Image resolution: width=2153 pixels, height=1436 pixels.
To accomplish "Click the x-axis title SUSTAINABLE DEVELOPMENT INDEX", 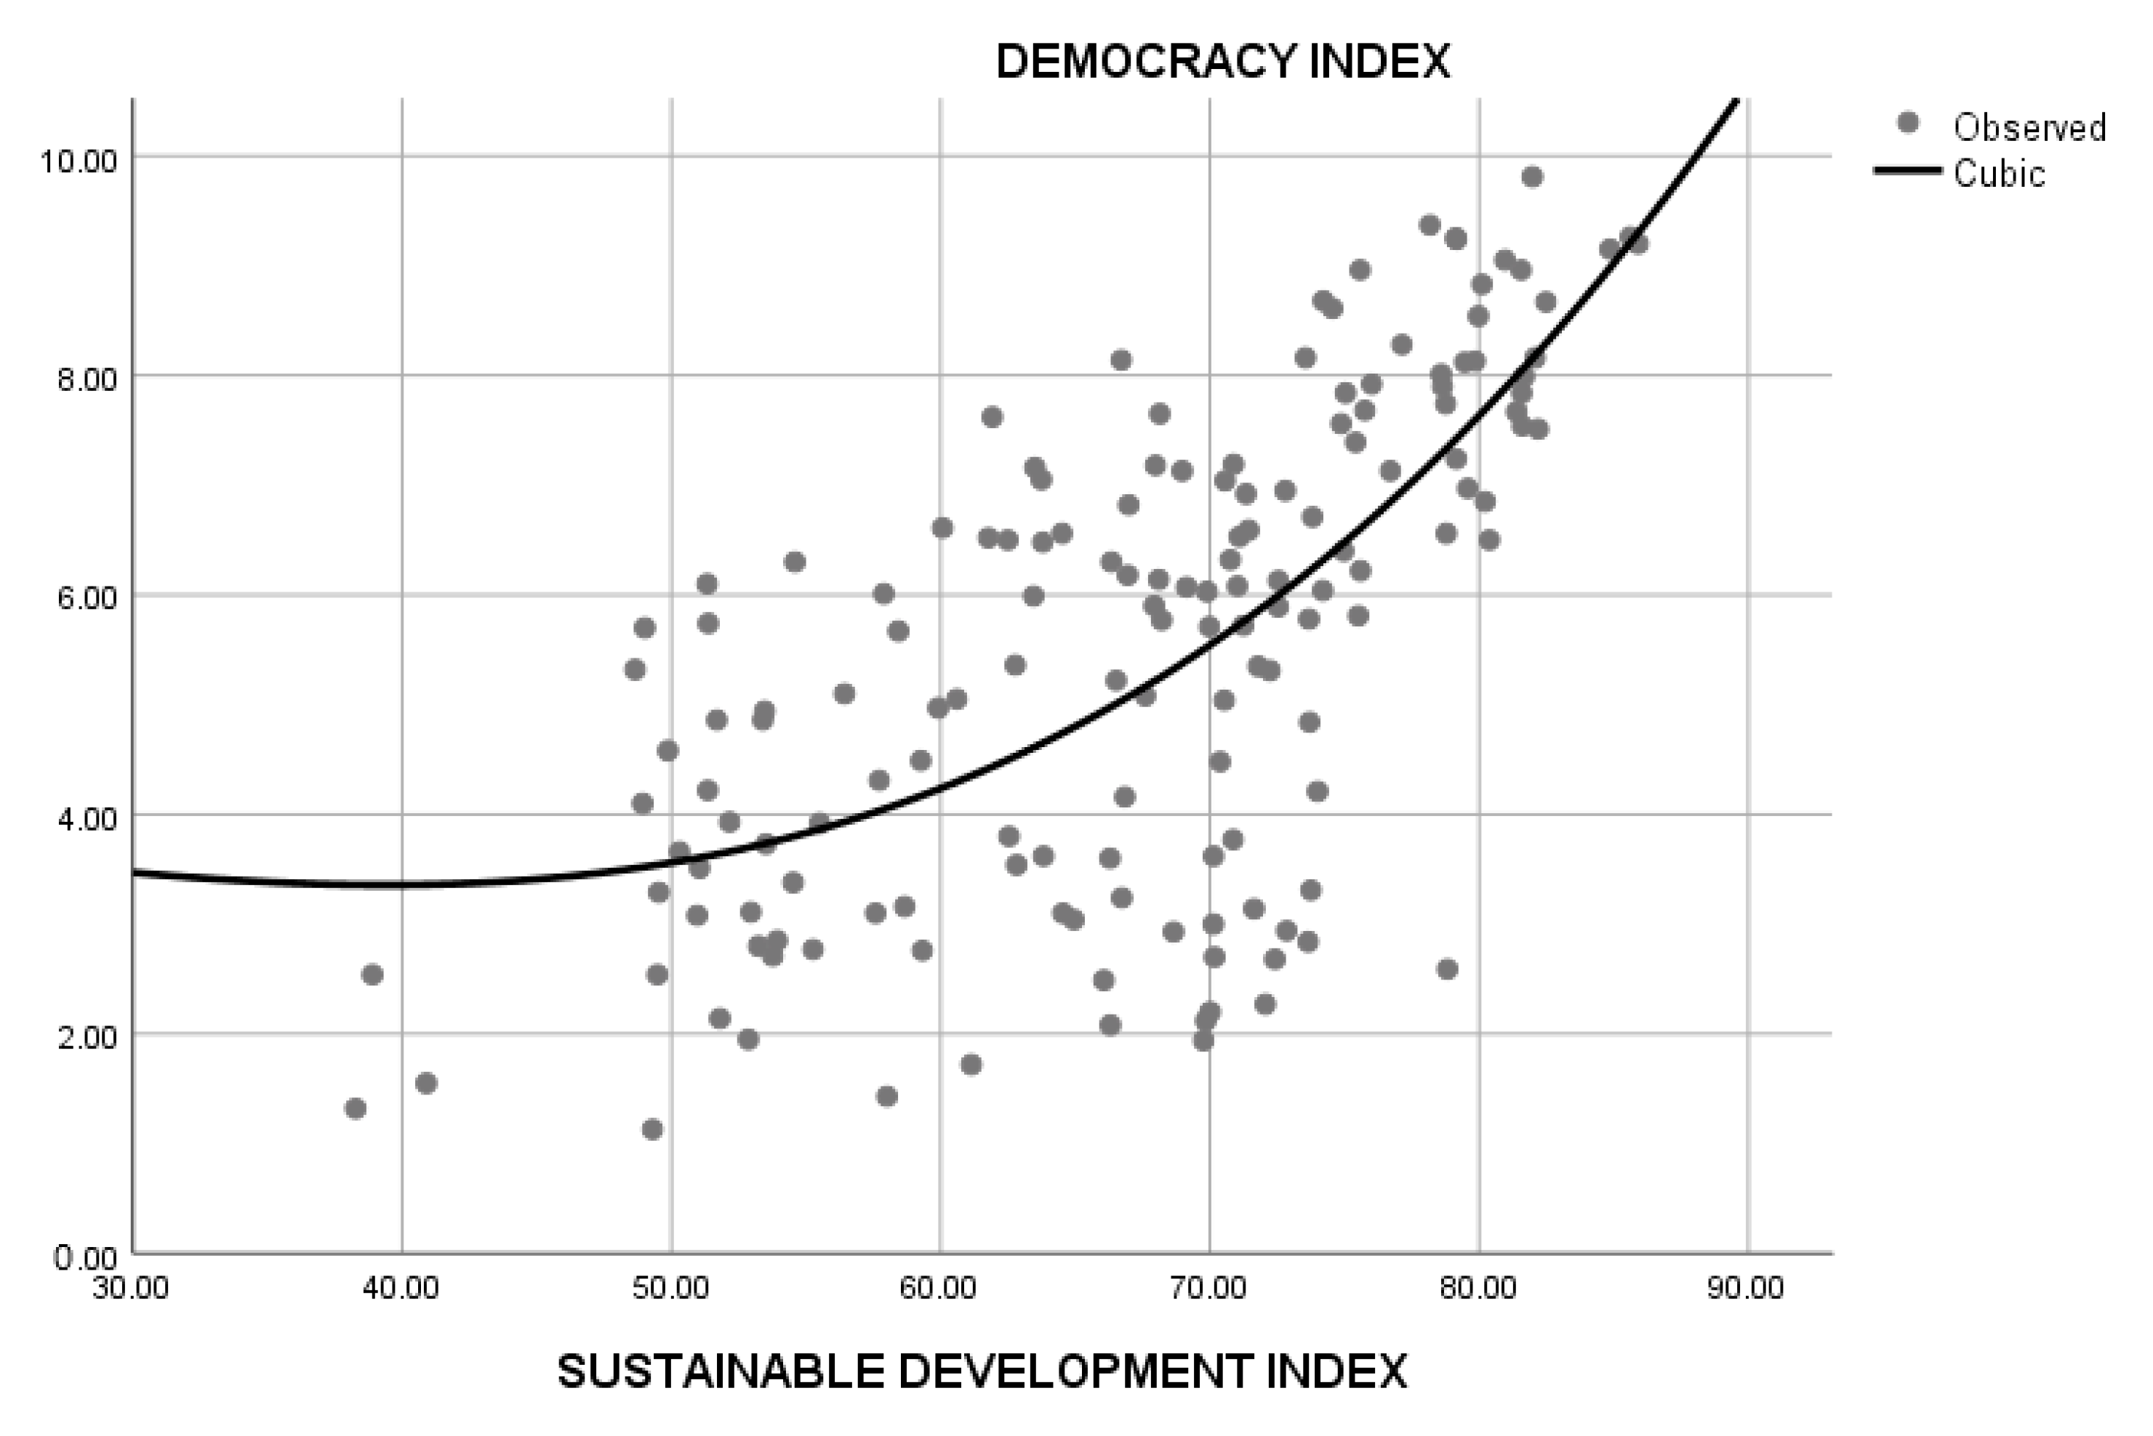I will pos(982,1372).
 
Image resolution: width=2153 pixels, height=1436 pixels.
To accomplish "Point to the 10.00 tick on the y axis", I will pos(78,161).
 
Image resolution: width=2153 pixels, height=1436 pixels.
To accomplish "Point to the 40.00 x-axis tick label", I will pos(401,1288).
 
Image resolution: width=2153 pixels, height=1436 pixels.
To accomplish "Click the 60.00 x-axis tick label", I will pos(940,1288).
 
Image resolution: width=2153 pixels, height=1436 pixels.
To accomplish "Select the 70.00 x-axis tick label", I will pos(1209,1288).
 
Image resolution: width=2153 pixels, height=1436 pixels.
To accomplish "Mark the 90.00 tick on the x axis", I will pos(1747,1288).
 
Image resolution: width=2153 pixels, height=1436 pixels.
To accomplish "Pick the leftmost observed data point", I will pos(356,1109).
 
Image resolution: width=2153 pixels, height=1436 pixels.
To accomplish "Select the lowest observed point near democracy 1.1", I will pos(652,1130).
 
